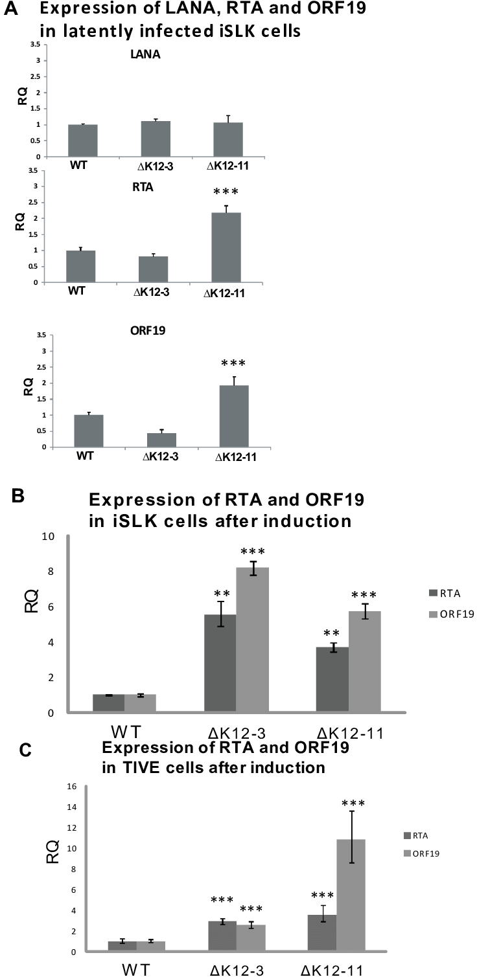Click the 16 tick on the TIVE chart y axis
[x=71, y=786]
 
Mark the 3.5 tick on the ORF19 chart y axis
[x=41, y=335]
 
